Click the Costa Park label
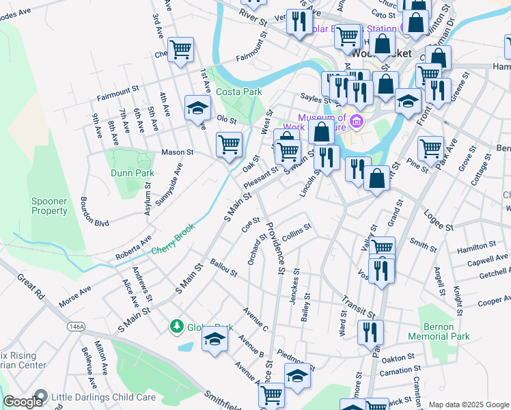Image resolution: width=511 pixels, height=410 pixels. click(238, 91)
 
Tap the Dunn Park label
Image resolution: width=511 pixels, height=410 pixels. click(130, 173)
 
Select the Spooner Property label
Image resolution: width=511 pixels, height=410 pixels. click(49, 206)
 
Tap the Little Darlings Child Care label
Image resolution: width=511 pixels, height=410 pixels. click(103, 396)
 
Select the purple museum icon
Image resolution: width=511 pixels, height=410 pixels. click(355, 122)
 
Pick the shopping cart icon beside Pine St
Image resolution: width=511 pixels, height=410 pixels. click(430, 147)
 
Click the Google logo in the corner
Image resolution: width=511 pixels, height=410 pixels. click(23, 402)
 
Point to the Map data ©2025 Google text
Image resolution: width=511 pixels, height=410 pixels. click(468, 405)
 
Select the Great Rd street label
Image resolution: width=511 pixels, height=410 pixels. click(31, 284)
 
